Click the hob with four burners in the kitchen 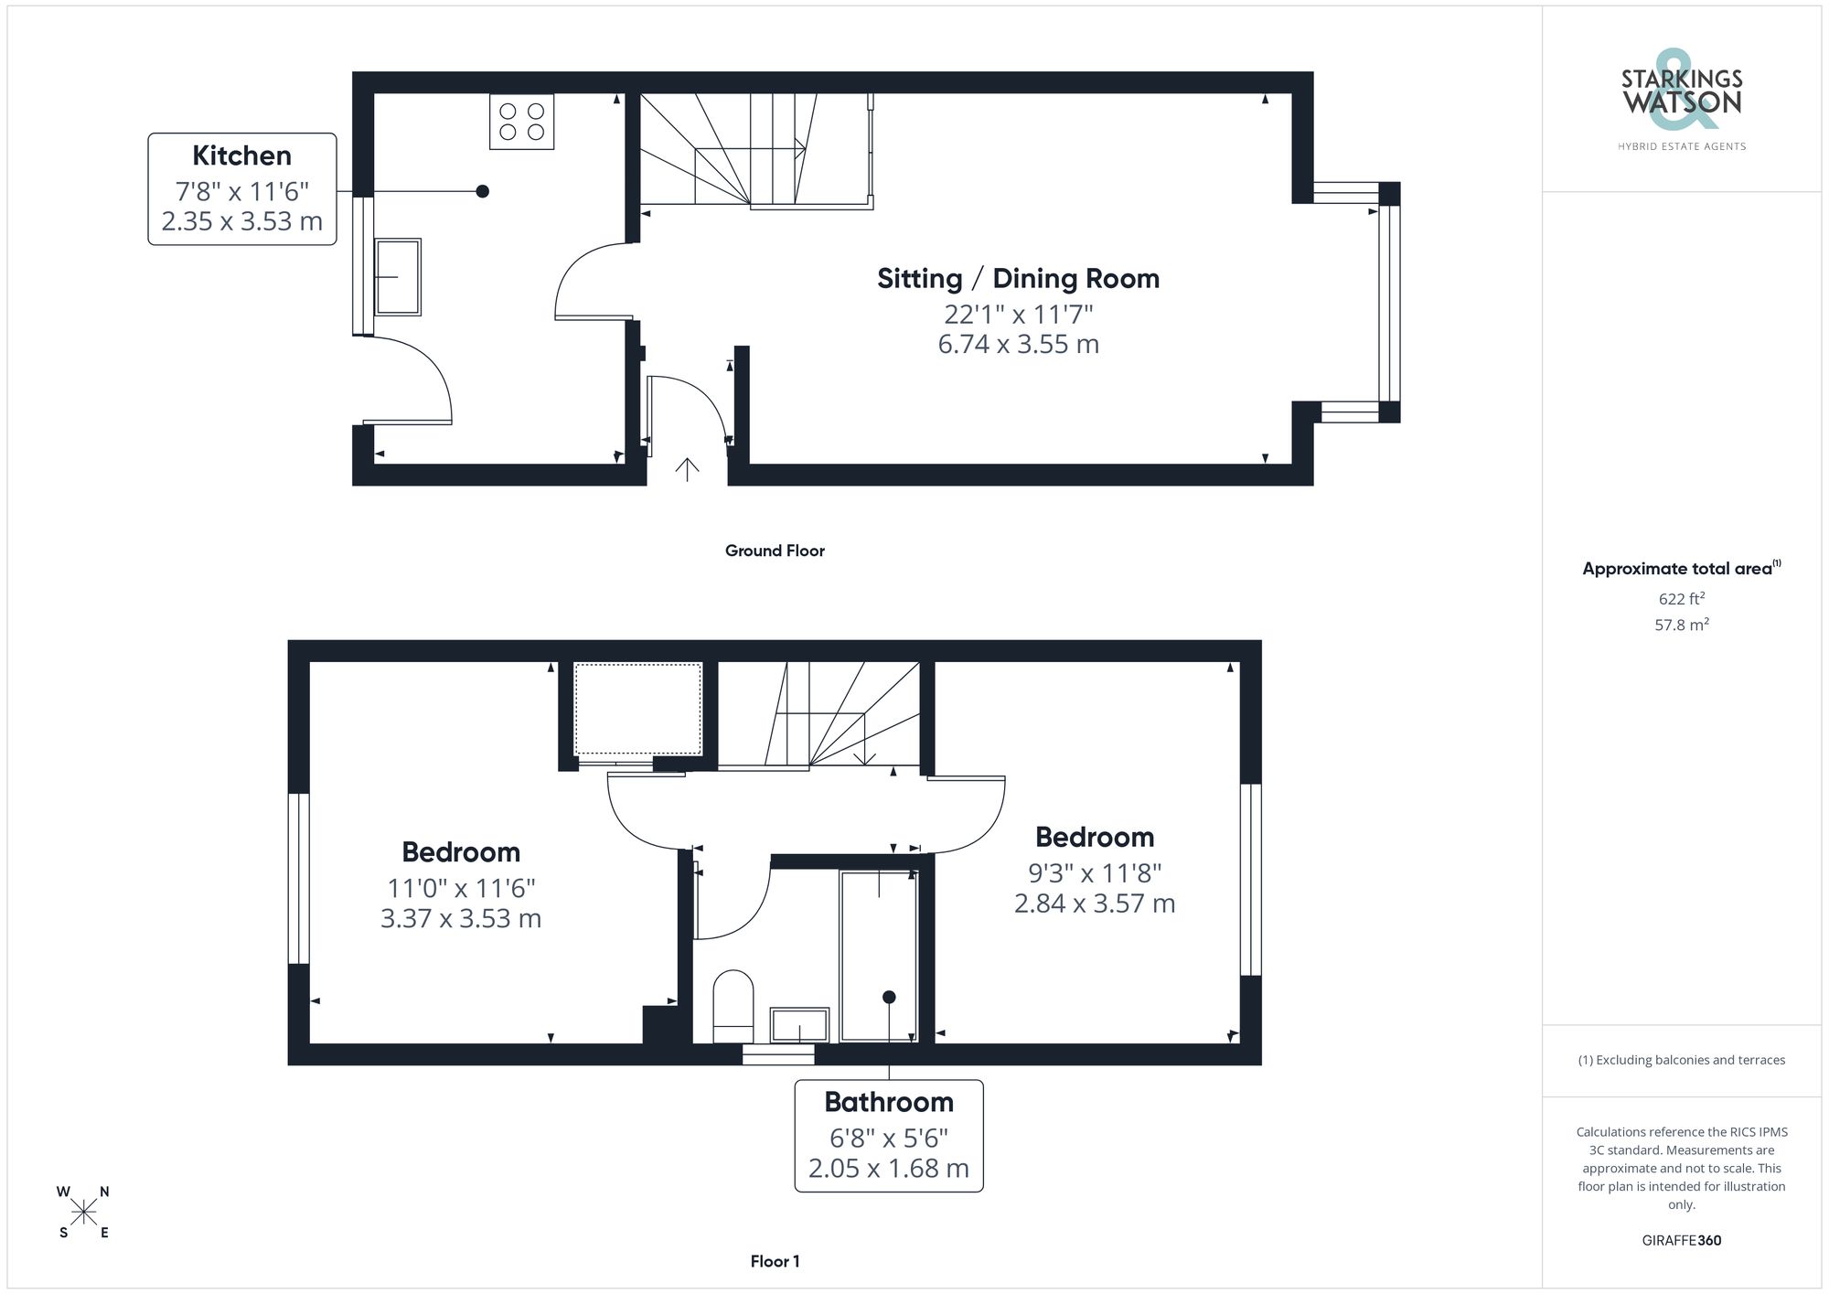coord(521,122)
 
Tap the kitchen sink coord(398,276)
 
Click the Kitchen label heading coord(241,155)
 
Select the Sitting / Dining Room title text coord(1018,278)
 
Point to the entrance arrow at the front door coord(687,468)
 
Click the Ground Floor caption coord(775,551)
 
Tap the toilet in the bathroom coord(733,1004)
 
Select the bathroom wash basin coord(799,1024)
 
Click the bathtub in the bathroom coord(878,955)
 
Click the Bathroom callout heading coord(888,1102)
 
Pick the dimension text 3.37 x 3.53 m coord(461,918)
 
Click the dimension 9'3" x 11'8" coord(1094,872)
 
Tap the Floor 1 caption coord(775,1261)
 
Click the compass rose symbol coord(84,1213)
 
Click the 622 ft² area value coord(1681,599)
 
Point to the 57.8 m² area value coord(1681,625)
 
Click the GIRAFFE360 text coord(1681,1240)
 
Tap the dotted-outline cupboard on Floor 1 coord(637,709)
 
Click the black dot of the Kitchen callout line coord(482,191)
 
